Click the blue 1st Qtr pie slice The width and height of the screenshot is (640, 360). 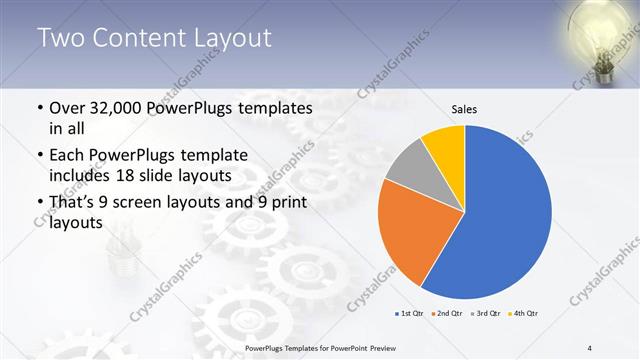click(x=505, y=215)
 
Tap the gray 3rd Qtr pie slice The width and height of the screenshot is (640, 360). click(x=409, y=166)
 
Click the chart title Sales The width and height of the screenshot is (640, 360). click(x=464, y=108)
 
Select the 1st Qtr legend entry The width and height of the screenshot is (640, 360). click(x=411, y=314)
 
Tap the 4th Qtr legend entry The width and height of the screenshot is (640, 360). click(x=523, y=314)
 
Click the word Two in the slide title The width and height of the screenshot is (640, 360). click(x=60, y=39)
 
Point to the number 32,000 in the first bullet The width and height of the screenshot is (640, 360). click(x=121, y=107)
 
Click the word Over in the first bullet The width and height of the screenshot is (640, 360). click(x=68, y=107)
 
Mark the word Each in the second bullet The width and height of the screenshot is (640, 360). click(x=68, y=155)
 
